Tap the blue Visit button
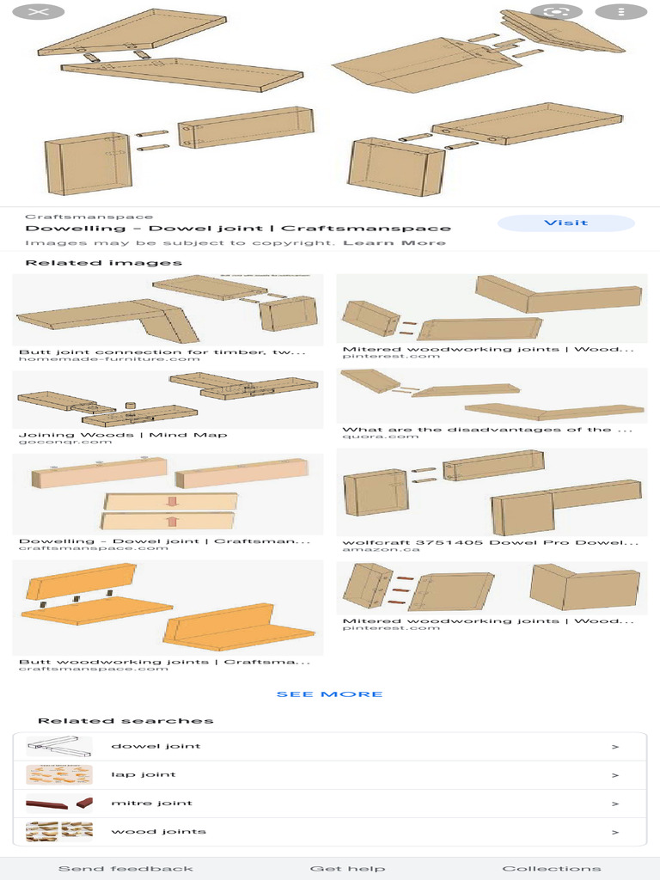click(565, 223)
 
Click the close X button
click(38, 12)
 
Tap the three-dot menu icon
click(620, 12)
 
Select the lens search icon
click(556, 12)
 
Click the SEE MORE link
click(329, 694)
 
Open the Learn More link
click(394, 242)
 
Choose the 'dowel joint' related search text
click(156, 746)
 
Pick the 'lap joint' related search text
click(144, 774)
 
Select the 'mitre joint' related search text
click(151, 804)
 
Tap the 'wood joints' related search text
click(158, 831)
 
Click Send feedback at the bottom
click(125, 869)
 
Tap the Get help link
click(347, 869)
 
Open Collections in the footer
click(551, 869)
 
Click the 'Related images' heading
click(104, 263)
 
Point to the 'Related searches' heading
click(125, 721)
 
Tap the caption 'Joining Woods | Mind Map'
click(123, 434)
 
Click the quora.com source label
click(380, 437)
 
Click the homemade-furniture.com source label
click(109, 358)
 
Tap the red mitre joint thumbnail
click(59, 804)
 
